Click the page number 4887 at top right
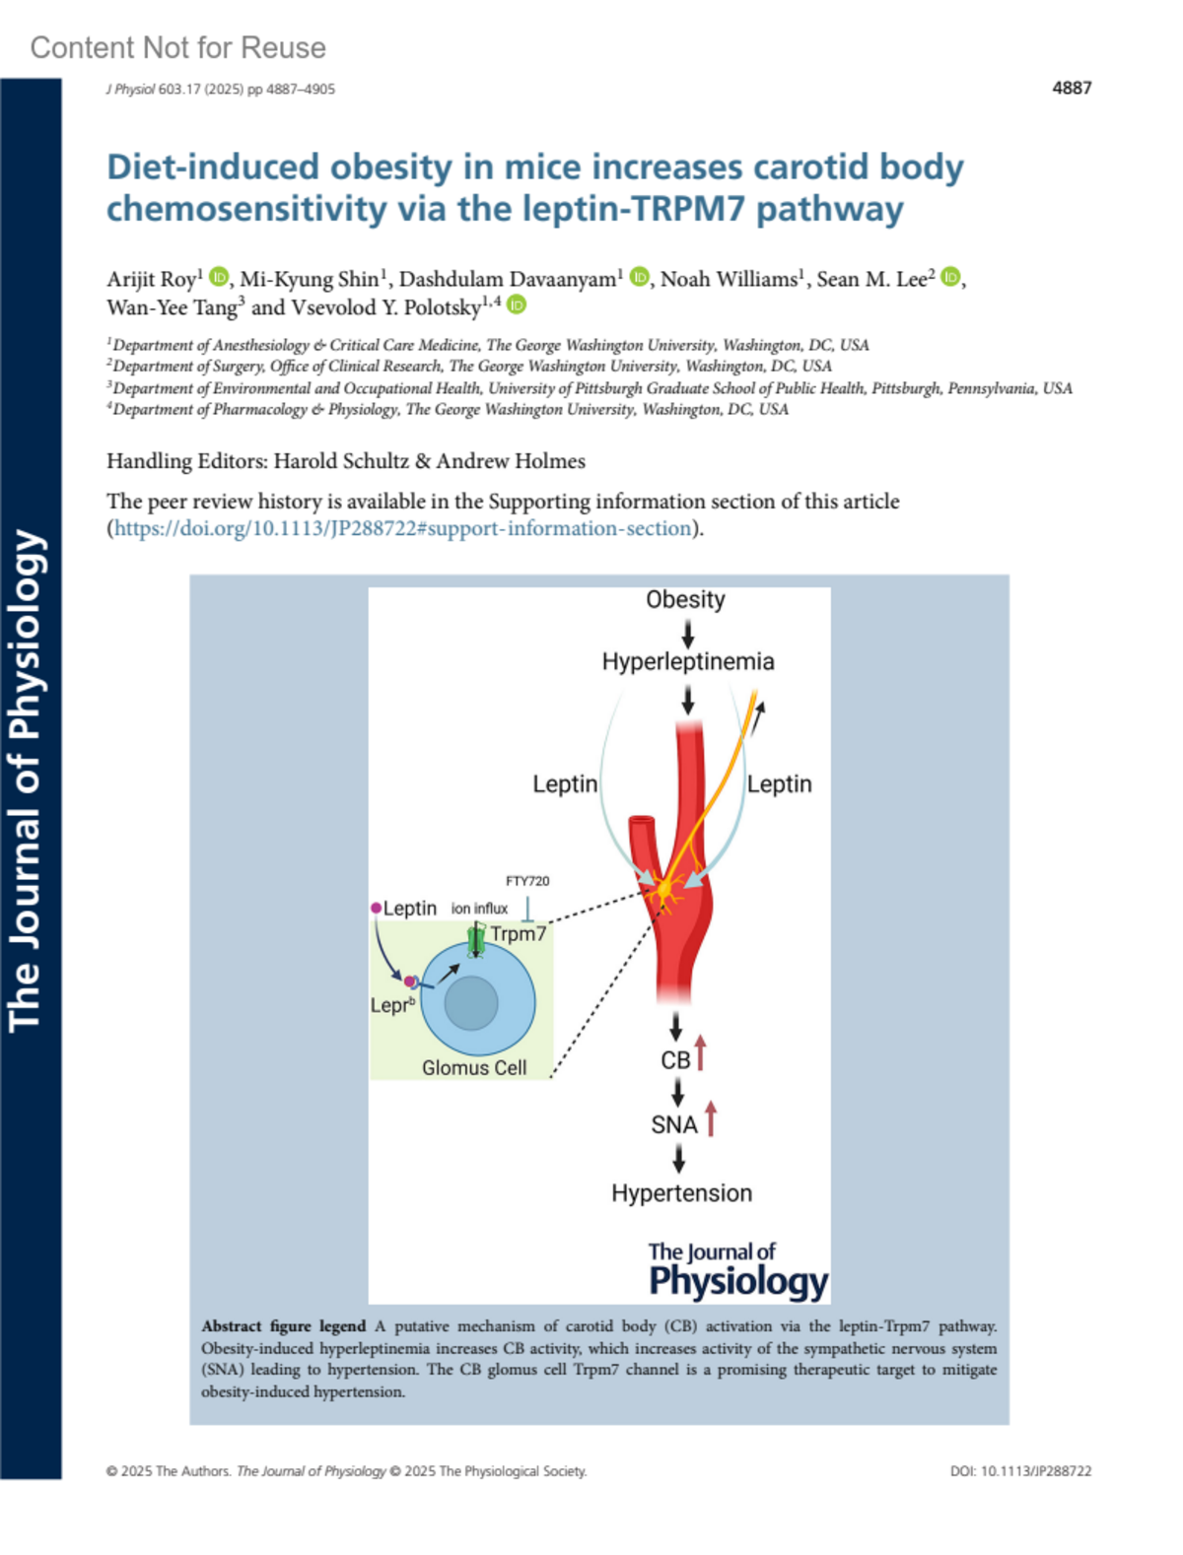(x=1071, y=88)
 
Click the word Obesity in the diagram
(x=685, y=599)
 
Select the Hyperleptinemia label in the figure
(x=687, y=661)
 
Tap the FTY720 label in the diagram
(x=527, y=881)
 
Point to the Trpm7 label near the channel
(x=519, y=933)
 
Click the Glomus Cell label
(x=474, y=1067)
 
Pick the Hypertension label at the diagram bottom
(x=681, y=1193)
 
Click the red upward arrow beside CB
(x=700, y=1052)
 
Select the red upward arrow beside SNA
(x=710, y=1118)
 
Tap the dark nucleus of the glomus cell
(x=471, y=1003)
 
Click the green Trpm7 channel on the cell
(x=476, y=940)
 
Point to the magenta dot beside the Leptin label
(x=376, y=908)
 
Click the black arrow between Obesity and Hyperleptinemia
(x=687, y=633)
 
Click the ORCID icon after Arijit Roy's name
(x=219, y=277)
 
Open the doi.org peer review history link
(x=403, y=528)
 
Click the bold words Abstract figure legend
(x=283, y=1326)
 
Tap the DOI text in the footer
(x=1020, y=1471)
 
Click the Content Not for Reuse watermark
(x=177, y=47)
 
